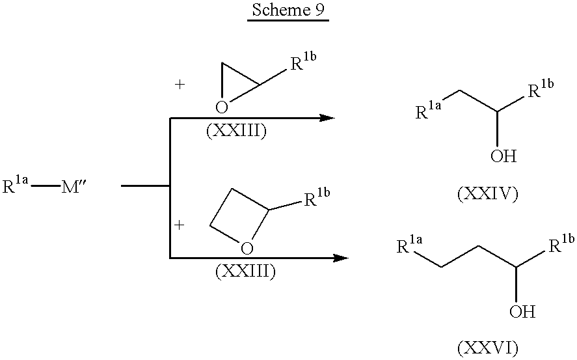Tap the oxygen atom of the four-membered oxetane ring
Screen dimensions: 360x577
[246, 247]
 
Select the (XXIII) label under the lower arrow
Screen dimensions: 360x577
[245, 271]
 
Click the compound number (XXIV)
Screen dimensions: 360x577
[487, 193]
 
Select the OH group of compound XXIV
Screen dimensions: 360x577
[504, 156]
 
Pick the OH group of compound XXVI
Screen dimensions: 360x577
[522, 312]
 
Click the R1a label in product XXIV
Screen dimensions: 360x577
[430, 111]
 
